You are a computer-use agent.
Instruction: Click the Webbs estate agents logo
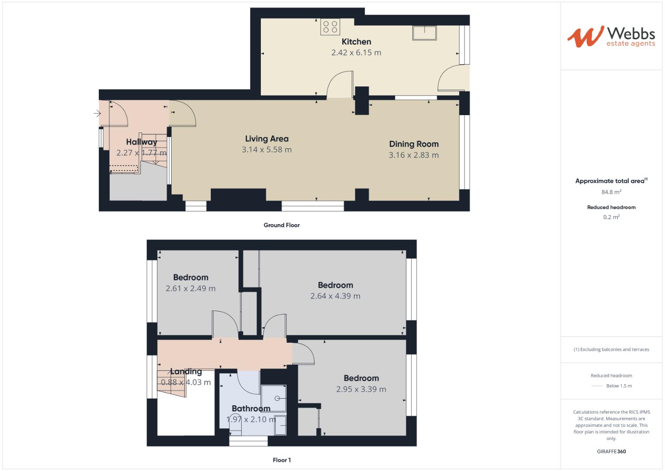pos(611,37)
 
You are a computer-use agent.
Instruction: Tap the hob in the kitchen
pos(331,27)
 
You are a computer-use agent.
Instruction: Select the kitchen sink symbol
pos(424,33)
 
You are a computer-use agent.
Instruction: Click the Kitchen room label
pos(356,42)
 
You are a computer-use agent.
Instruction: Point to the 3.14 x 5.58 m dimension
pos(267,150)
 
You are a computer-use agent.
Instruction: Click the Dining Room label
pos(414,144)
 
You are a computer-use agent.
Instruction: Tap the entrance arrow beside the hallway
pos(97,114)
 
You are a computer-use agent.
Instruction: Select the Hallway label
pos(141,142)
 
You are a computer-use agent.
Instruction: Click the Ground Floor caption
pos(281,225)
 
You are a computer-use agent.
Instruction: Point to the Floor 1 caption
pos(281,460)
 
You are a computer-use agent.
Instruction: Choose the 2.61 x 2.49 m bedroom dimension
pos(190,288)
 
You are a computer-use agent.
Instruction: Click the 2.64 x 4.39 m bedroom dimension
pos(335,296)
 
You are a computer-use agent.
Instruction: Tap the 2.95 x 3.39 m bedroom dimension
pos(361,389)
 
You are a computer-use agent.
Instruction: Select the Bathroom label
pos(251,409)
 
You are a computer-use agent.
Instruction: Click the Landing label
pos(186,372)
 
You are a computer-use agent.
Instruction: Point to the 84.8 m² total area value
pos(611,192)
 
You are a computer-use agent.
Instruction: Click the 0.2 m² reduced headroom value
pos(611,217)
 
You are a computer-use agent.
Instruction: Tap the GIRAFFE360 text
pos(611,451)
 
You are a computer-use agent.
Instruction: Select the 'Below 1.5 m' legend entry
pos(618,386)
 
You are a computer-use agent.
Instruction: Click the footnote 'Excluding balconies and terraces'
pos(611,349)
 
